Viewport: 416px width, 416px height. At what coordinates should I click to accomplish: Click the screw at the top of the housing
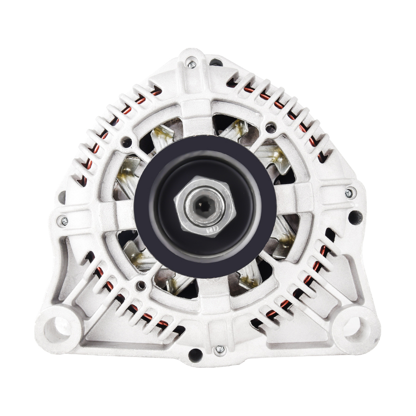tap(191, 64)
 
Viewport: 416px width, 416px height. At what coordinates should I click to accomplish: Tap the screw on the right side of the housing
tap(349, 192)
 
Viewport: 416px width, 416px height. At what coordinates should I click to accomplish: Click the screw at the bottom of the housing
tap(220, 349)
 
